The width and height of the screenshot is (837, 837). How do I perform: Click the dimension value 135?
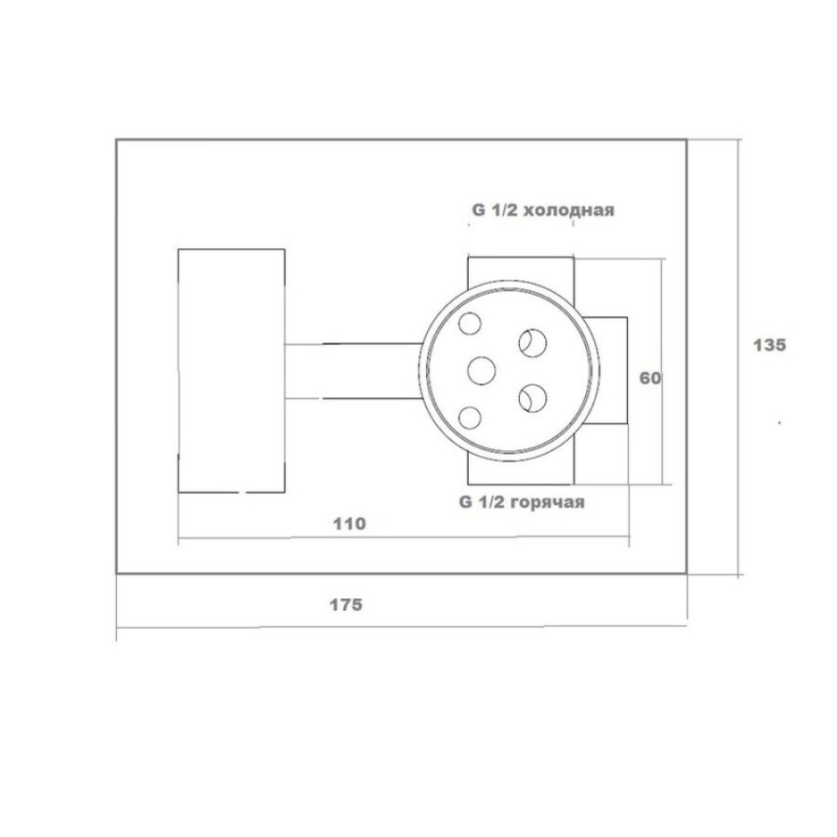pyautogui.click(x=769, y=345)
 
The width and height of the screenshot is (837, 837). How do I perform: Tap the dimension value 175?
pyautogui.click(x=345, y=604)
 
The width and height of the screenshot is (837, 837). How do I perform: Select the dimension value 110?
pyautogui.click(x=350, y=524)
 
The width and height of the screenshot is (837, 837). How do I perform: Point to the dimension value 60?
pyautogui.click(x=650, y=379)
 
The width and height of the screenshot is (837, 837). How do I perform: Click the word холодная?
pyautogui.click(x=567, y=210)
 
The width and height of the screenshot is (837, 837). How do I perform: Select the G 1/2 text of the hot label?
pyautogui.click(x=480, y=502)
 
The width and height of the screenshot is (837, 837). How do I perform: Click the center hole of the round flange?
pyautogui.click(x=482, y=371)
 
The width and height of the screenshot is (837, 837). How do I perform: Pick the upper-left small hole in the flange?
pyautogui.click(x=470, y=324)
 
